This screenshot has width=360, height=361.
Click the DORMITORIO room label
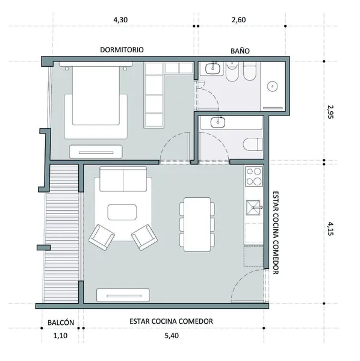point(122,50)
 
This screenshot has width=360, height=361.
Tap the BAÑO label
point(240,51)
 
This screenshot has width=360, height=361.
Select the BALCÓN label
point(61,322)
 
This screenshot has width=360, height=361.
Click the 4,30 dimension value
point(120,20)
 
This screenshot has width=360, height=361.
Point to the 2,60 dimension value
point(238,20)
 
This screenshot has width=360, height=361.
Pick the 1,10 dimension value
point(60,336)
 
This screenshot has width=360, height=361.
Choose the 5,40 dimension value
point(172,336)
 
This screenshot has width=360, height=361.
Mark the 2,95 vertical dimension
point(331,112)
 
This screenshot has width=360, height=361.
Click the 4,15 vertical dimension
point(331,229)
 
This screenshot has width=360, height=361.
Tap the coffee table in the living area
point(122,212)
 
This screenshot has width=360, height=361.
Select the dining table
point(197,224)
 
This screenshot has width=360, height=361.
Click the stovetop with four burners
point(254,176)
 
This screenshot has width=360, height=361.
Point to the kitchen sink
point(253,208)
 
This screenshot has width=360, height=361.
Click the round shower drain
point(273,87)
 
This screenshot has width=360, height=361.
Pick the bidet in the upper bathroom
point(250,71)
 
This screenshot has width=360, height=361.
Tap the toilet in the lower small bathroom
point(253,144)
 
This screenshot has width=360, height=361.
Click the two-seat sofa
point(123,179)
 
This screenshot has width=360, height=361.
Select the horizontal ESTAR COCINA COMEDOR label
point(171,321)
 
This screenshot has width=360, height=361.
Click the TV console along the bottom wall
point(123,295)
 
